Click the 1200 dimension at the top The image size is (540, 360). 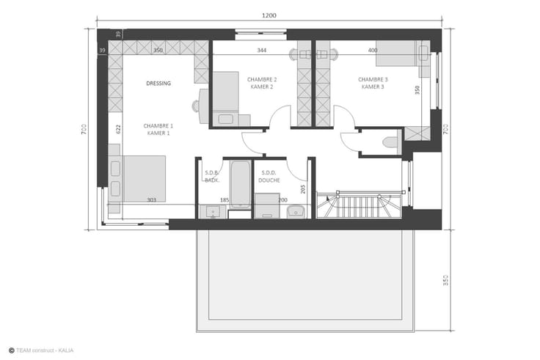(269, 15)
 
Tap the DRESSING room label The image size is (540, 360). (158, 84)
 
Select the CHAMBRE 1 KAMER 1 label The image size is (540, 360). (158, 129)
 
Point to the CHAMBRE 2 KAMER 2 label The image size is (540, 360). (262, 83)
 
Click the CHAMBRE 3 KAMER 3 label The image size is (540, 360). (373, 83)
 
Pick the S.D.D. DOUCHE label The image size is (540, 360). (269, 177)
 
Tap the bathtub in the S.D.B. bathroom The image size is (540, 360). (241, 184)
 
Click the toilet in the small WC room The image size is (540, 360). (390, 142)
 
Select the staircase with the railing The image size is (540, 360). (360, 205)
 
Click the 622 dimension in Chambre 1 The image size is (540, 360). (118, 129)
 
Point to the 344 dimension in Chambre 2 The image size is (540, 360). (262, 51)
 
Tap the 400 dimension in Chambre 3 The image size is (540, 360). (373, 51)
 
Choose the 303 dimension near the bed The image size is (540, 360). (152, 200)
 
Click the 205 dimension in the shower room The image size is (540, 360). (303, 189)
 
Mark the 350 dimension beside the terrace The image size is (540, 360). (445, 280)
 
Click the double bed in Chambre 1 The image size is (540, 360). (145, 179)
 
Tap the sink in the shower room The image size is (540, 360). (296, 212)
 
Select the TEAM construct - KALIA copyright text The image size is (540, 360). (41, 350)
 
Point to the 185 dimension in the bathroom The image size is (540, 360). (225, 200)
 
